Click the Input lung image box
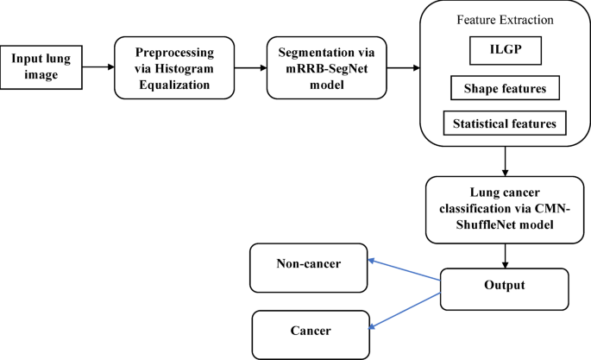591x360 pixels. pyautogui.click(x=46, y=66)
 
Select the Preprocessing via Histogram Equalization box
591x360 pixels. pyautogui.click(x=174, y=66)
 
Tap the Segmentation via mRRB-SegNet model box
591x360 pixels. pyautogui.click(x=318, y=66)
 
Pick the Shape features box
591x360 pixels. pyautogui.click(x=505, y=88)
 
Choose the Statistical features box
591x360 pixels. pyautogui.click(x=505, y=123)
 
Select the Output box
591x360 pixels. pyautogui.click(x=505, y=283)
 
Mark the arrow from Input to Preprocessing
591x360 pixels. pyautogui.click(x=102, y=66)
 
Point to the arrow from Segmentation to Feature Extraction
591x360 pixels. pyautogui.click(x=402, y=66)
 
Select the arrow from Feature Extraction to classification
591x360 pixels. pyautogui.click(x=504, y=161)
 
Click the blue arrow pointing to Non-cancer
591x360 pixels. pyautogui.click(x=403, y=269)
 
